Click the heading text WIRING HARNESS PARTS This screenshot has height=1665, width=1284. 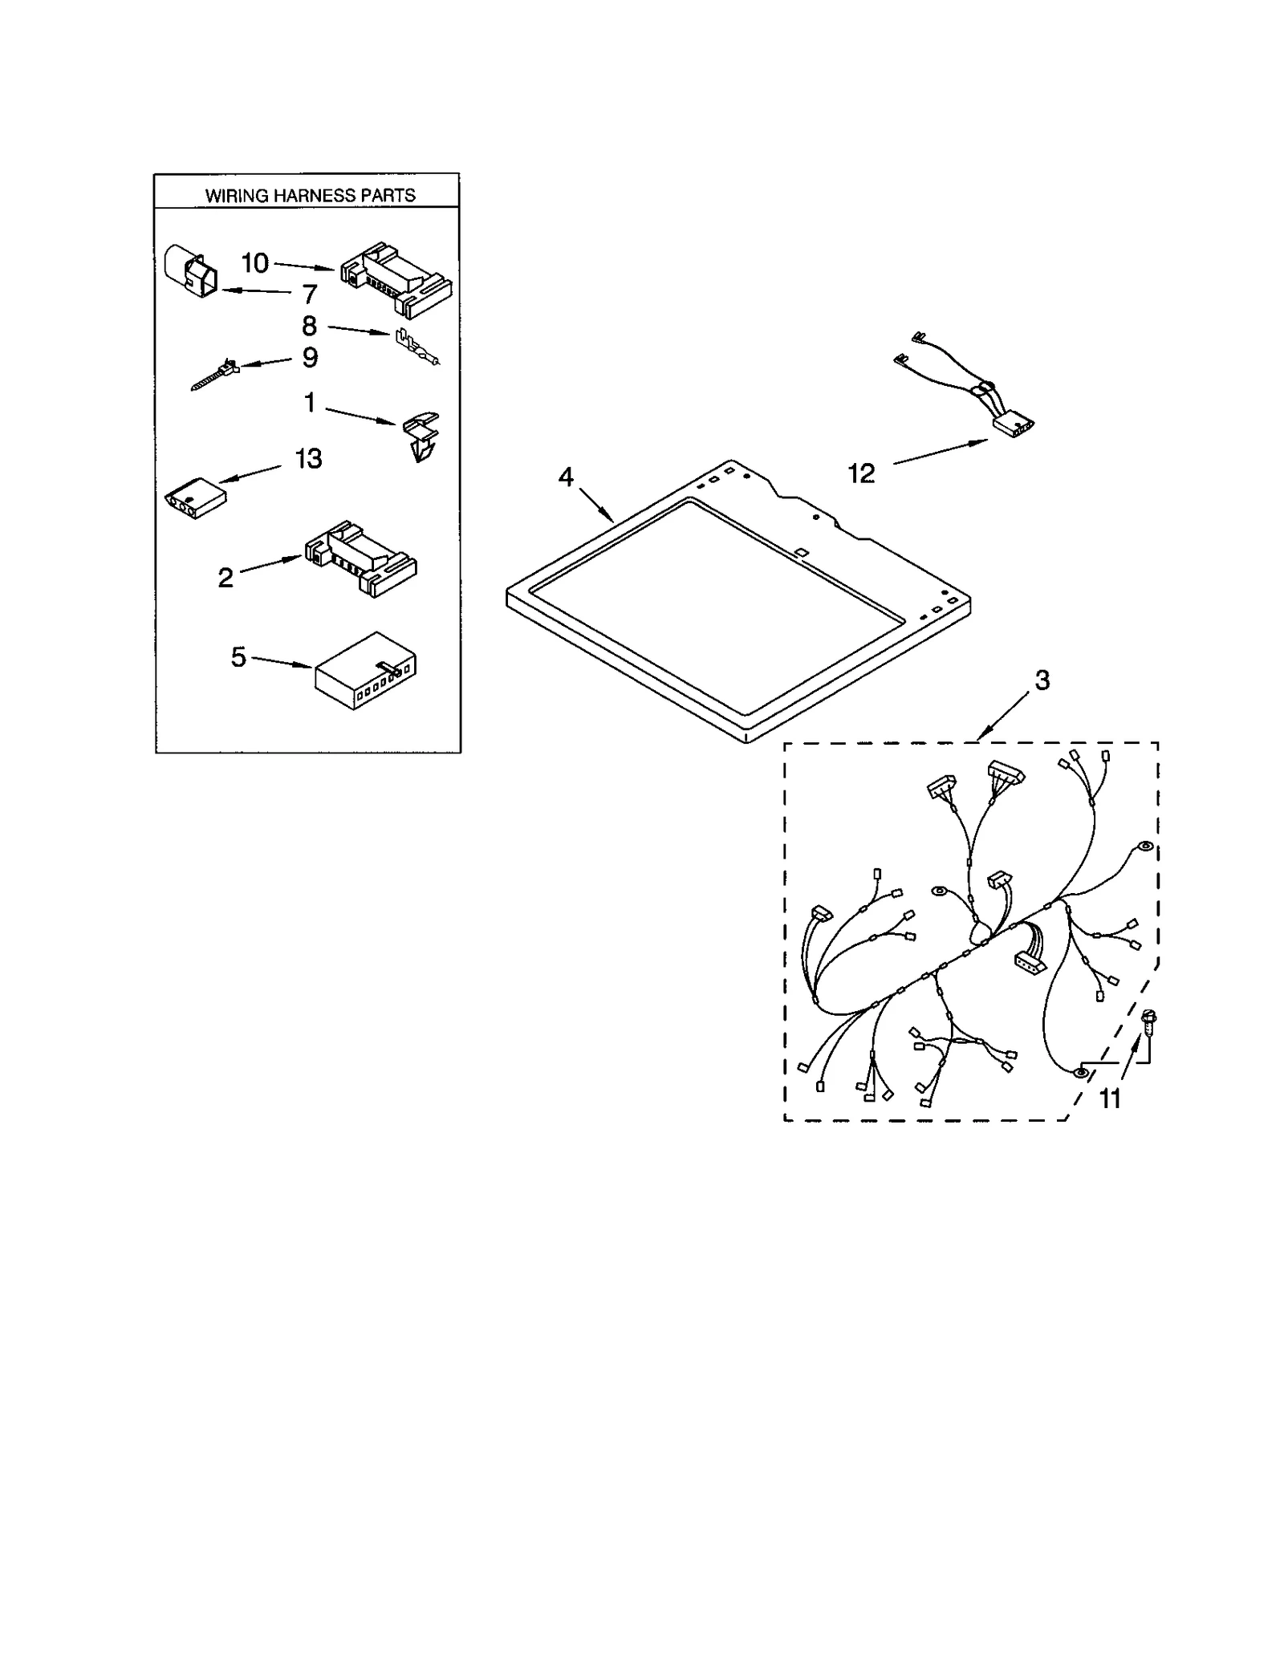click(x=310, y=195)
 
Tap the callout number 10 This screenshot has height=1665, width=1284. click(x=254, y=263)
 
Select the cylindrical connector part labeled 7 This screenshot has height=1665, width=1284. click(x=191, y=272)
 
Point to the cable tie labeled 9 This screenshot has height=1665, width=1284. click(x=214, y=375)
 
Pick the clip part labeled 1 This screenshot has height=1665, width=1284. click(x=421, y=437)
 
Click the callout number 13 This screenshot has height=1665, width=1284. click(x=308, y=459)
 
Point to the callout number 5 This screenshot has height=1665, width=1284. click(x=238, y=657)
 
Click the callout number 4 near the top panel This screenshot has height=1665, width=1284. click(x=566, y=477)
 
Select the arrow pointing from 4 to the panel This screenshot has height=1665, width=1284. click(x=596, y=505)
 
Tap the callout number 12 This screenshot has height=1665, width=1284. click(x=861, y=474)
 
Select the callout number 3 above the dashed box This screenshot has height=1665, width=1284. click(x=1042, y=680)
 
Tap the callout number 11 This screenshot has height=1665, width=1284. click(x=1109, y=1098)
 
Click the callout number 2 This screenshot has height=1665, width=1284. click(x=226, y=577)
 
